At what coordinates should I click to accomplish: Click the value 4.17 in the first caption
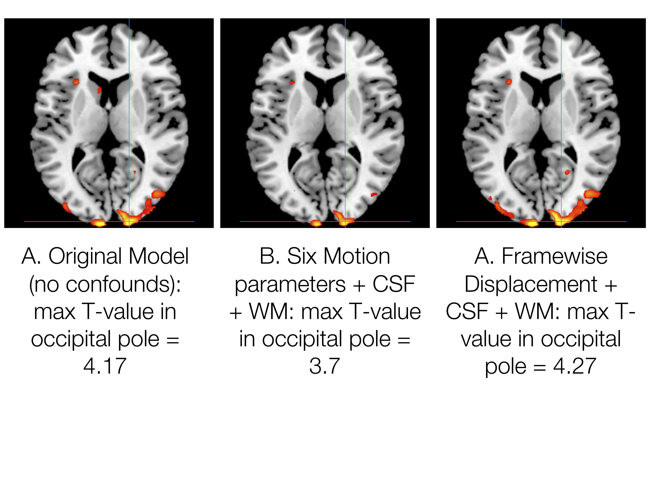coord(105,366)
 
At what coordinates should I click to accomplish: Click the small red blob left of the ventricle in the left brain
coord(100,90)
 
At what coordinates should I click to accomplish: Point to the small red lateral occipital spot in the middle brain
coord(374,194)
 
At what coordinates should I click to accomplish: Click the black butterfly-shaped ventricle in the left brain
coord(109,85)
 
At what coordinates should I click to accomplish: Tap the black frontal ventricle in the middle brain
coord(325,85)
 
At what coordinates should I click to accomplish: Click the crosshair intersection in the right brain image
coord(561,221)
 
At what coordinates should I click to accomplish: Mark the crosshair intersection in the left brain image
coord(129,221)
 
